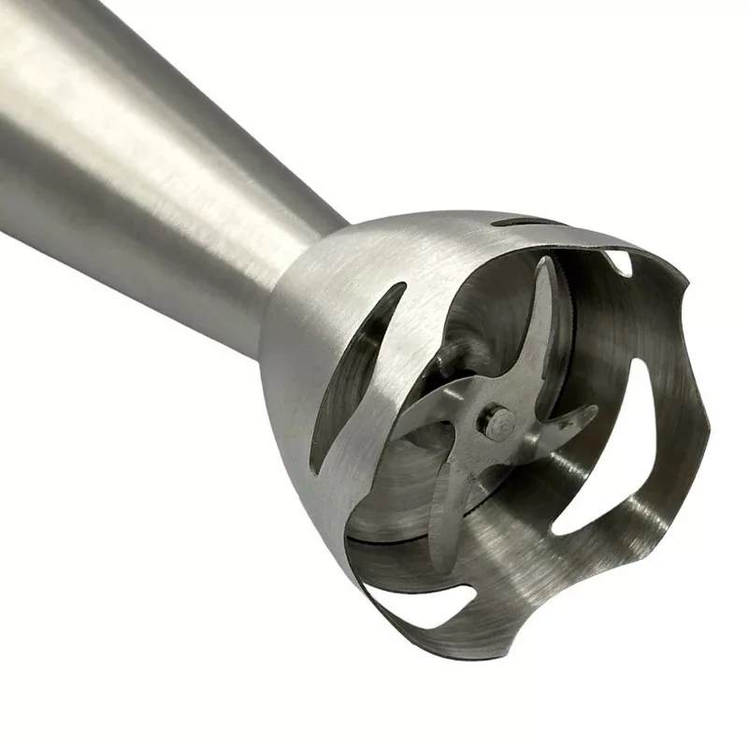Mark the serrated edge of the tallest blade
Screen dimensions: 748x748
552,318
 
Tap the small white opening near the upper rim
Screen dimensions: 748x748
617,262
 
